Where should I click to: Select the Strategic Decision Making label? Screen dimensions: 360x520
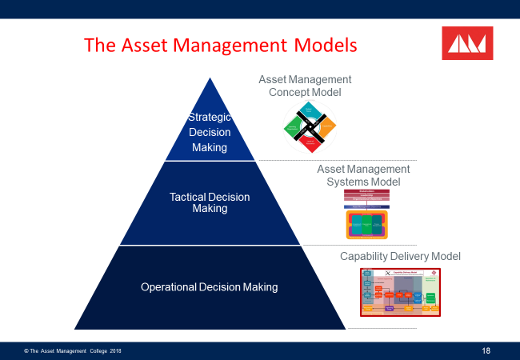[x=209, y=132]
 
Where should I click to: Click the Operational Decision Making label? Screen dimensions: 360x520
[x=210, y=286]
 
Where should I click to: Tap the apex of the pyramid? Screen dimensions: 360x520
[x=210, y=79]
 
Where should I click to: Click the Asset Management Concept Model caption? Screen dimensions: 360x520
[x=305, y=86]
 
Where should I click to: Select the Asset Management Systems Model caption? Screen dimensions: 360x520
[x=363, y=175]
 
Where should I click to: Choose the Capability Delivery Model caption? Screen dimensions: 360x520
[x=400, y=256]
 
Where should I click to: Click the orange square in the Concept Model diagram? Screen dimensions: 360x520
[x=326, y=126]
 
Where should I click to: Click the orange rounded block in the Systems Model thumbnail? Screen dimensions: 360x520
[x=367, y=225]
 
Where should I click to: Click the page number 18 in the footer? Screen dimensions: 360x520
[x=486, y=350]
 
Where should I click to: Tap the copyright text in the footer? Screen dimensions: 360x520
[x=73, y=351]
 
